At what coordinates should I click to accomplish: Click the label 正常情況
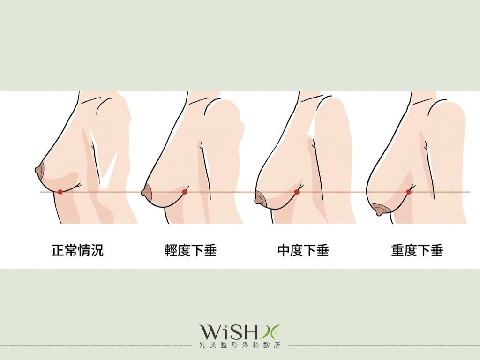[77, 250]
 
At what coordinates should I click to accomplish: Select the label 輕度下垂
[190, 250]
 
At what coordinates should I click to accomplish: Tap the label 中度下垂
[303, 250]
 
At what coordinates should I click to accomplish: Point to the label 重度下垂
[417, 250]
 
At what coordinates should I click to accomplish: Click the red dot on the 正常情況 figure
[60, 192]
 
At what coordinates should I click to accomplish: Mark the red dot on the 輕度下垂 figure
[185, 192]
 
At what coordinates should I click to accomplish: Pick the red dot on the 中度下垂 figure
[297, 192]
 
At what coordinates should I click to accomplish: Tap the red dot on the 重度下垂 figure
[409, 192]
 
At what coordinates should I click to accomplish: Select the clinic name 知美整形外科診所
[240, 345]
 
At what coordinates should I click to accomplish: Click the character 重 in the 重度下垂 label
[397, 250]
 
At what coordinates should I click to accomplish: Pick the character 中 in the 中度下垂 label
[284, 250]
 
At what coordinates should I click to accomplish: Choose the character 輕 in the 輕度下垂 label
[171, 250]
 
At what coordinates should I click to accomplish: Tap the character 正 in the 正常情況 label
[58, 250]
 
